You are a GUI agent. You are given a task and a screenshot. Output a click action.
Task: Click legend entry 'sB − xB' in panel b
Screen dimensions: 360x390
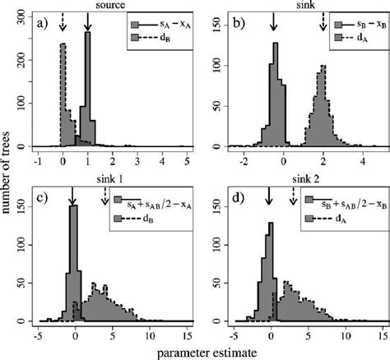[x=352, y=24]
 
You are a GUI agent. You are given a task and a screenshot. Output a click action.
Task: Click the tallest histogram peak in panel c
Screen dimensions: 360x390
[x=72, y=209]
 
